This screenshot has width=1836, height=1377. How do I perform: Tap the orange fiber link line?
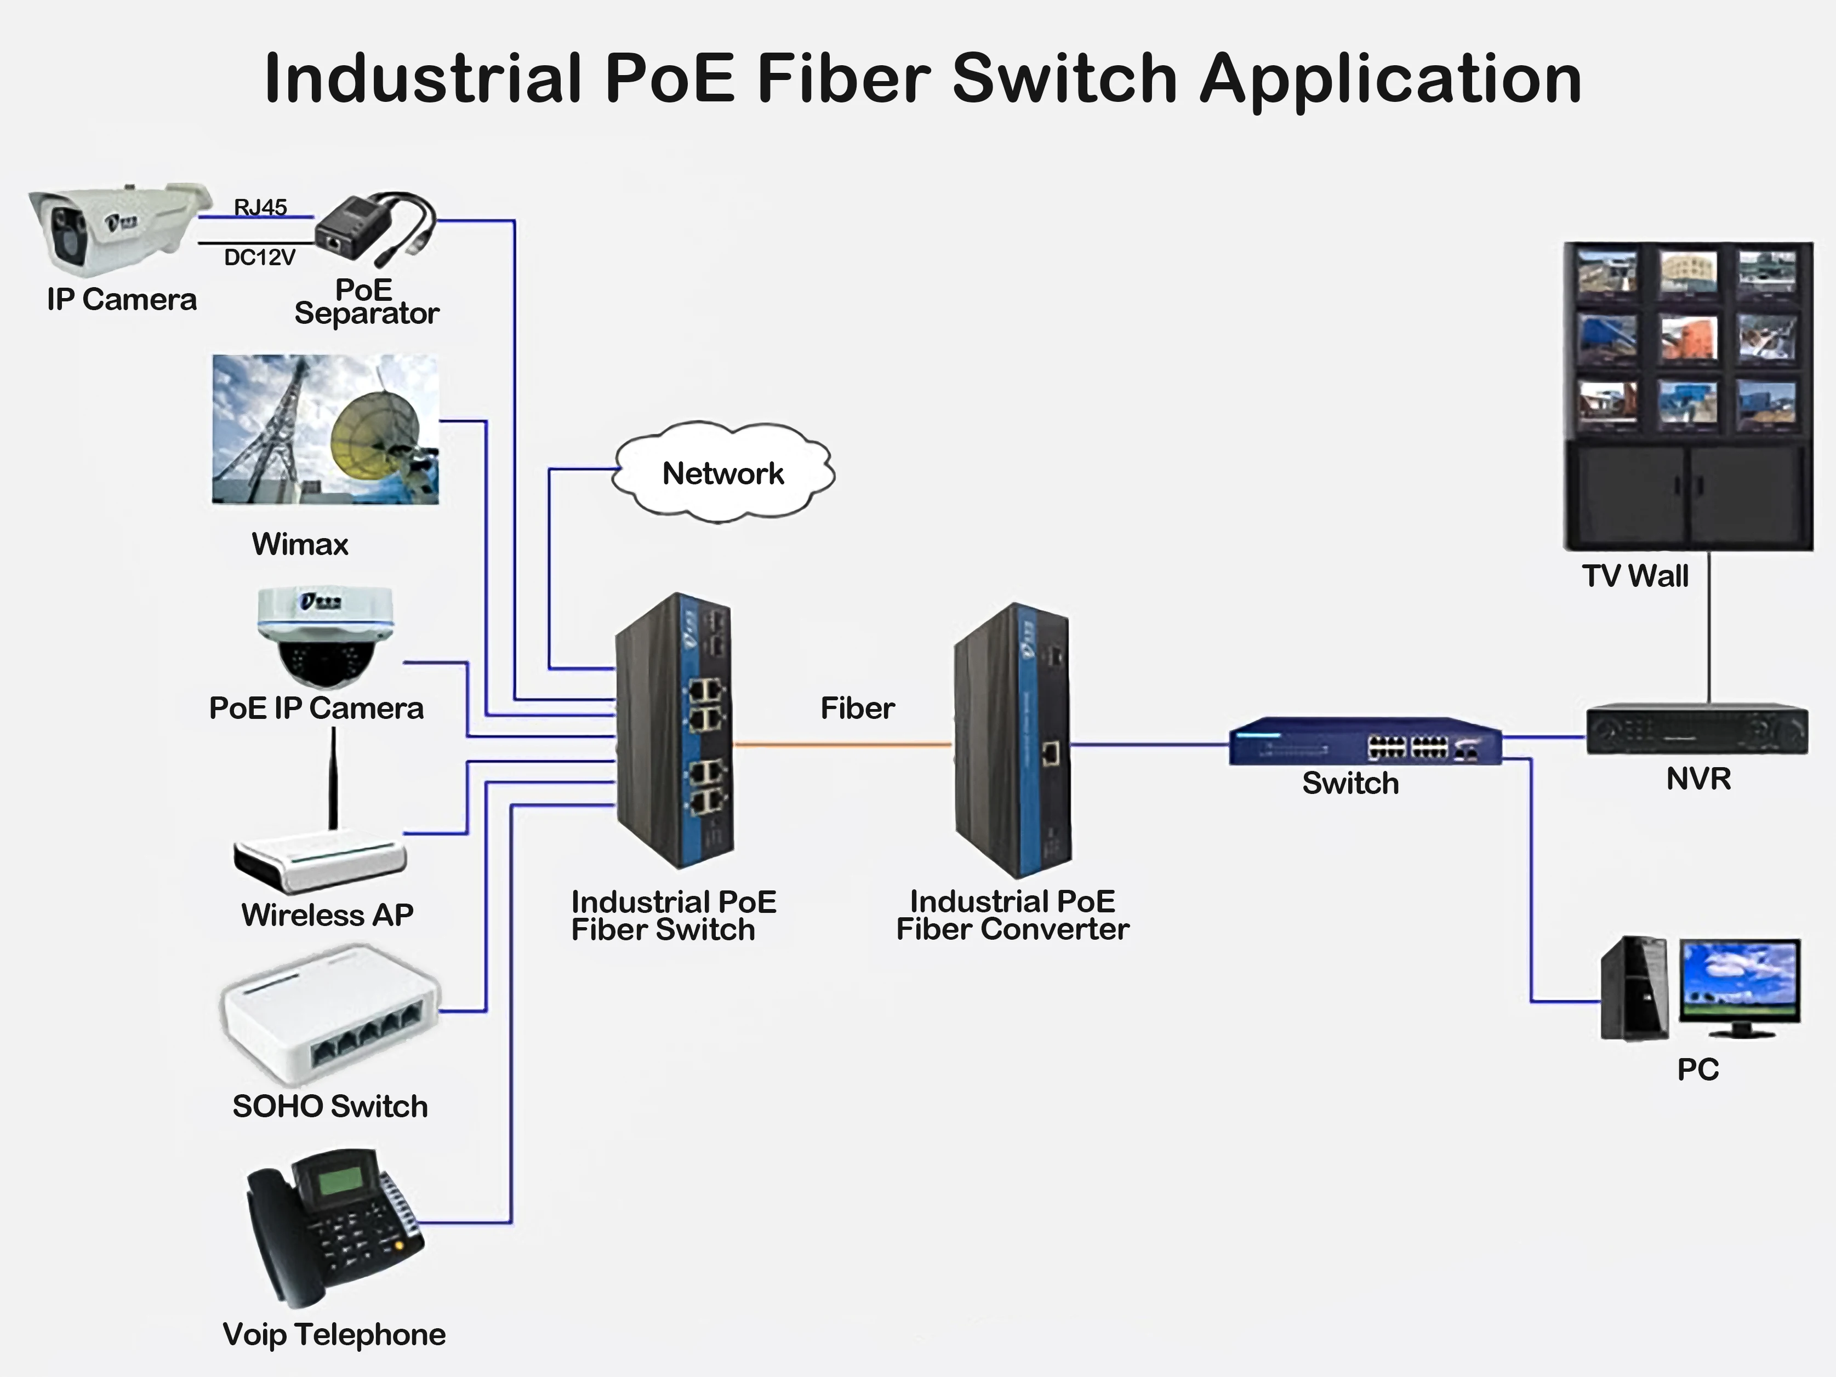[842, 745]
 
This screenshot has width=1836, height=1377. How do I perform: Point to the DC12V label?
[259, 258]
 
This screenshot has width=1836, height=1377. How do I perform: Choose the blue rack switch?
[1365, 741]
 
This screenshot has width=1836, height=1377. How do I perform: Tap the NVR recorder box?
[1697, 729]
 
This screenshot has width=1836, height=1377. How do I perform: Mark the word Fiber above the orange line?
[857, 708]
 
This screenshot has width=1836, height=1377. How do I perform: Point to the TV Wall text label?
[1634, 576]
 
